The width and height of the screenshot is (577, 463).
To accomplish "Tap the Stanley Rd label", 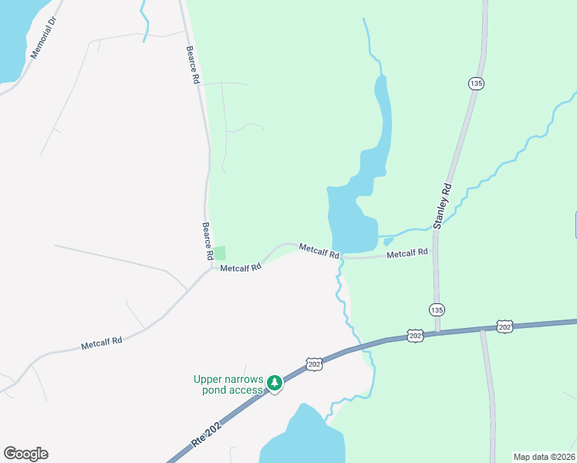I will click(441, 207).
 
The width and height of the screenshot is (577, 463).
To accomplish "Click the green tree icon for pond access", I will click(274, 384).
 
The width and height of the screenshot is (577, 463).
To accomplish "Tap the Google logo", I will click(25, 454).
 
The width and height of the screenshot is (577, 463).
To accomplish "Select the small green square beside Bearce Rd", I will click(220, 252).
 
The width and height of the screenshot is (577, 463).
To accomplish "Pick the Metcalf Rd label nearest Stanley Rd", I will click(407, 253).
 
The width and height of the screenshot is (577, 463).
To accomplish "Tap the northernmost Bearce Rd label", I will click(193, 65).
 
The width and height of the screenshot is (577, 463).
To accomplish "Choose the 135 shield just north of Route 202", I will click(437, 309).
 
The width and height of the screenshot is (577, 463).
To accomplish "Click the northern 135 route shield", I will click(476, 83).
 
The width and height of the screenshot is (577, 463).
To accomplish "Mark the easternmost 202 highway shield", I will click(505, 327).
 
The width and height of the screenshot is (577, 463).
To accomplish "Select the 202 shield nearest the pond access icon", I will click(314, 363).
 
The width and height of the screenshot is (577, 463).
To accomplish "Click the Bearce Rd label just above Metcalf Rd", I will click(208, 241).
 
